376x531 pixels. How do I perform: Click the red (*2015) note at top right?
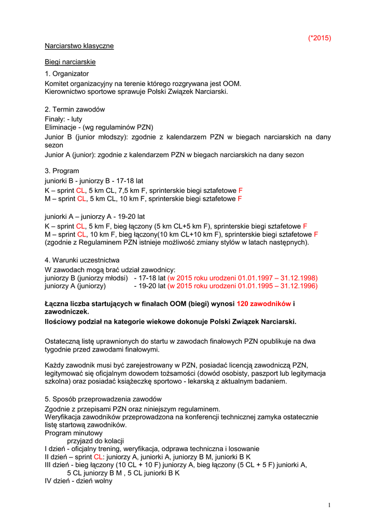pos(319,38)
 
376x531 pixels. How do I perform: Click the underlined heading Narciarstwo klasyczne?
pos(79,46)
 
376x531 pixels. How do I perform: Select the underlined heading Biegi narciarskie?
pos(70,62)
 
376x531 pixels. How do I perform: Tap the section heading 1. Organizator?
pos(67,74)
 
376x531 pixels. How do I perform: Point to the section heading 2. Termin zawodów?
pos(75,109)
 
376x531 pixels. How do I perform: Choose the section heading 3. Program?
pos(62,171)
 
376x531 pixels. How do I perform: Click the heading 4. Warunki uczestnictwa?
pos(82,260)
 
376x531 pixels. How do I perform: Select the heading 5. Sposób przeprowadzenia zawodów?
pos(103,399)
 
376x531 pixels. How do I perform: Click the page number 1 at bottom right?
pos(329,505)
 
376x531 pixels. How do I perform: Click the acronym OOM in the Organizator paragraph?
pos(232,83)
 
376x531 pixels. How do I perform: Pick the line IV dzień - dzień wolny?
pos(78,481)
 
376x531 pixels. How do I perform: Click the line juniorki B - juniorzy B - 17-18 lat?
pos(94,181)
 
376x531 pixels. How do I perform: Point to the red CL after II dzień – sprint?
pos(99,457)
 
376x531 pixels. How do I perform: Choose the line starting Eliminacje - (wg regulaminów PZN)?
pos(99,127)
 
